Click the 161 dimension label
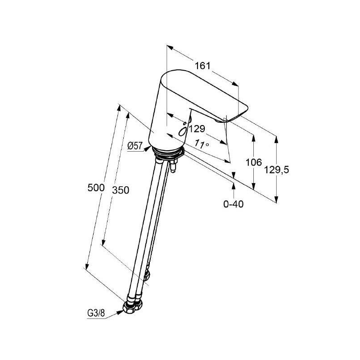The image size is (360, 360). click(202, 66)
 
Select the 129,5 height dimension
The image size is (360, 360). click(276, 170)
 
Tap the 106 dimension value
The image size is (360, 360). click(254, 162)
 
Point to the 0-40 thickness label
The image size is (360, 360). click(233, 204)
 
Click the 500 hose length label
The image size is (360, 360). click(96, 188)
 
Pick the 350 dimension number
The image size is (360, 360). click(121, 190)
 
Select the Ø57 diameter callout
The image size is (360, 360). click(135, 146)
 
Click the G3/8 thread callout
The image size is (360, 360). click(96, 313)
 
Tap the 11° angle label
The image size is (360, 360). click(202, 144)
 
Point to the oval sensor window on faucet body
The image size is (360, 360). click(183, 132)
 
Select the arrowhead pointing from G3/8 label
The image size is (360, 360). click(120, 312)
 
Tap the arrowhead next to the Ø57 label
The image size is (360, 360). click(148, 149)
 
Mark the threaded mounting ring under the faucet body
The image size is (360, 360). click(167, 153)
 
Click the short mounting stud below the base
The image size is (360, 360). click(173, 166)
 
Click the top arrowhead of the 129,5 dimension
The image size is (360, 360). click(276, 139)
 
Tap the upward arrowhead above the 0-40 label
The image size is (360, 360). click(234, 186)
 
